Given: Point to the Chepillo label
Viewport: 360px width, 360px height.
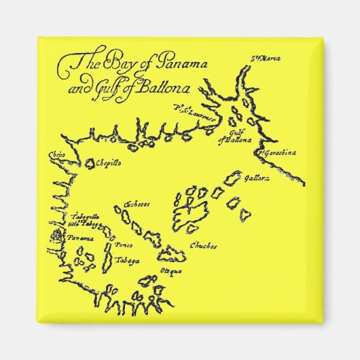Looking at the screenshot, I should tap(109, 164).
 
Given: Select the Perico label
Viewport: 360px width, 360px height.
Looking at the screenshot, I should tap(124, 244).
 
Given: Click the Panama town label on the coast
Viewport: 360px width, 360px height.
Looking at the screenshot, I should tap(80, 238).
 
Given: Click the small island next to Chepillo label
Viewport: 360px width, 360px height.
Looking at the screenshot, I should tap(90, 164).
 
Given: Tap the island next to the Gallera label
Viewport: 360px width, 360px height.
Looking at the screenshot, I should tap(232, 180).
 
